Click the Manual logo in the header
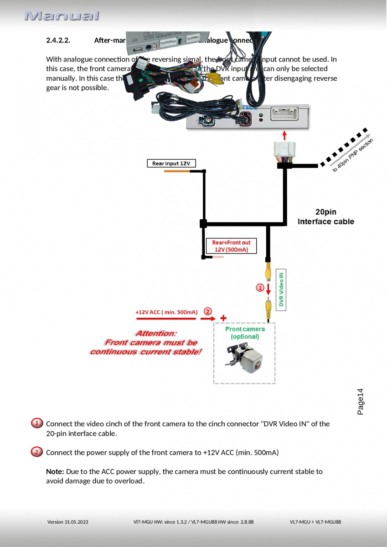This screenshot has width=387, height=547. [62, 16]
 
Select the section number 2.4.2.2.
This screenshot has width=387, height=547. [58, 40]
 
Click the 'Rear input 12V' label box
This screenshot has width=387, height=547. [171, 163]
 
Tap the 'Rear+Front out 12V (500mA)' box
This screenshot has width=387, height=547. [231, 246]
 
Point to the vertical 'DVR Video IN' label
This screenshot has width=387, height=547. [281, 289]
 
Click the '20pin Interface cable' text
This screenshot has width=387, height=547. [325, 217]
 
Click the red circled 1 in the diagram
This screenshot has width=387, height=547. [260, 288]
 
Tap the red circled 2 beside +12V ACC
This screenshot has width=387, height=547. [207, 312]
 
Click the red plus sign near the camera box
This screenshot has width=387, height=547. [223, 318]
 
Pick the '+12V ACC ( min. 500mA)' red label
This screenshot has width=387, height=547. [166, 312]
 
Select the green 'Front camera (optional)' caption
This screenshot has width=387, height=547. [245, 333]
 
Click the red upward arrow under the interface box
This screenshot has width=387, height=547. [285, 135]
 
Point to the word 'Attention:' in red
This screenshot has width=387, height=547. [156, 333]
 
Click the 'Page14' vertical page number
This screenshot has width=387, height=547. [360, 402]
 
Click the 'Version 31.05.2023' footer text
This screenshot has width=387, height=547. [68, 522]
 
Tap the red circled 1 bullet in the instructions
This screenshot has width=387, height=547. [37, 423]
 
